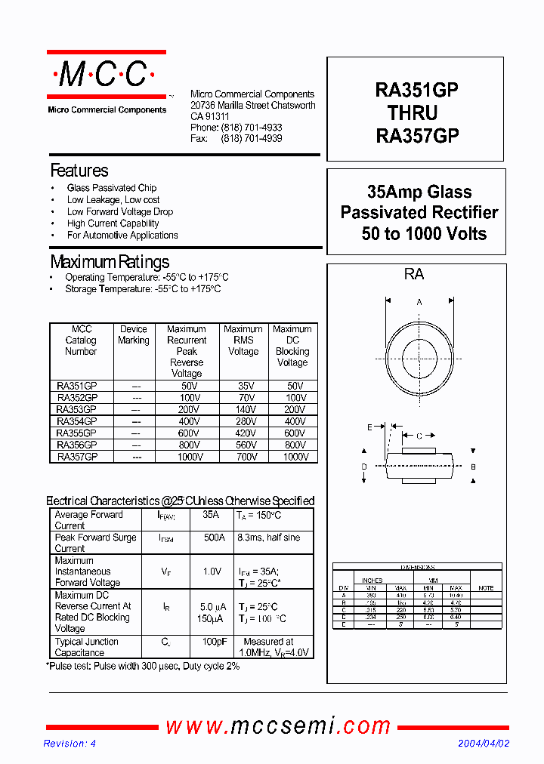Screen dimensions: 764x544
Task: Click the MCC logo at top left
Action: click(x=105, y=75)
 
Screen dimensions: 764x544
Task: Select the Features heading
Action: click(x=79, y=171)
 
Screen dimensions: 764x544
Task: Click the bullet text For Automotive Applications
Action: click(x=122, y=236)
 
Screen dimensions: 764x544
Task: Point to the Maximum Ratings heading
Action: click(x=110, y=263)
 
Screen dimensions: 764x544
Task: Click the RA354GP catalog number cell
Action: click(x=77, y=421)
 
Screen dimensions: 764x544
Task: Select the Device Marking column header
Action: click(x=134, y=334)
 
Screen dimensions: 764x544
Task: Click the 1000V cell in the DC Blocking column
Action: click(x=292, y=457)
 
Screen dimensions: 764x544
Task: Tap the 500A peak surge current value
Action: click(x=214, y=538)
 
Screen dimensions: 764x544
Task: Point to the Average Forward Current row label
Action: click(x=88, y=520)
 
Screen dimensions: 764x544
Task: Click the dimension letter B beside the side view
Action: click(x=474, y=467)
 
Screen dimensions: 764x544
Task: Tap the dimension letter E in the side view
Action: click(x=369, y=428)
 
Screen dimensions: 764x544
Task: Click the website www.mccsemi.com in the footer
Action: click(x=278, y=726)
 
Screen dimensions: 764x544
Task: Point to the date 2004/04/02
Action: click(x=484, y=744)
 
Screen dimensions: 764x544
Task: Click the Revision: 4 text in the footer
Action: click(x=70, y=744)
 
